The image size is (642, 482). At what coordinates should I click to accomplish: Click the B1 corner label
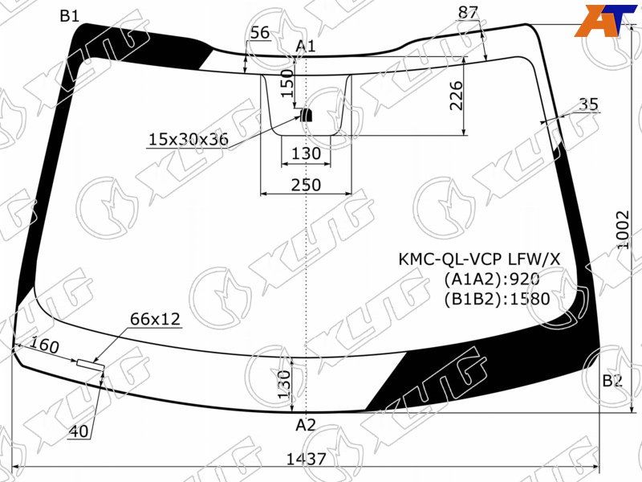(x=70, y=16)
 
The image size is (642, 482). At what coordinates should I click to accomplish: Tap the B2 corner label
(x=612, y=381)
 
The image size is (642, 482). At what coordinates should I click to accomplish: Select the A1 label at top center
(x=306, y=47)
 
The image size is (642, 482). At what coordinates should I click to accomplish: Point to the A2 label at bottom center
(x=306, y=425)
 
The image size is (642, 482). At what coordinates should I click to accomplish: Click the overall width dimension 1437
(x=306, y=459)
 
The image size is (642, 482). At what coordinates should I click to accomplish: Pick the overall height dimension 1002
(x=623, y=230)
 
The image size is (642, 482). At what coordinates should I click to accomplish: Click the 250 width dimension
(x=306, y=186)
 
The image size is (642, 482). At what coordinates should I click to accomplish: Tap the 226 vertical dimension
(x=456, y=96)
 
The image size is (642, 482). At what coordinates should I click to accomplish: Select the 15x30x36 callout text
(x=189, y=140)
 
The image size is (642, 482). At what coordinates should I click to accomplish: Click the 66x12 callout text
(x=155, y=319)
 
